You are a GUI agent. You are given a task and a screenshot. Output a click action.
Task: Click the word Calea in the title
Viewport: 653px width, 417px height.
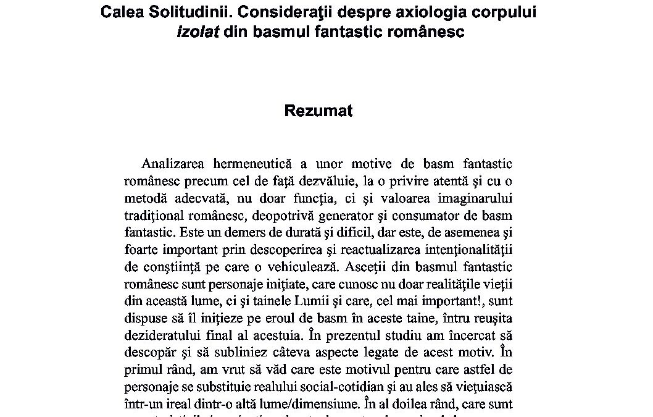(x=124, y=13)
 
